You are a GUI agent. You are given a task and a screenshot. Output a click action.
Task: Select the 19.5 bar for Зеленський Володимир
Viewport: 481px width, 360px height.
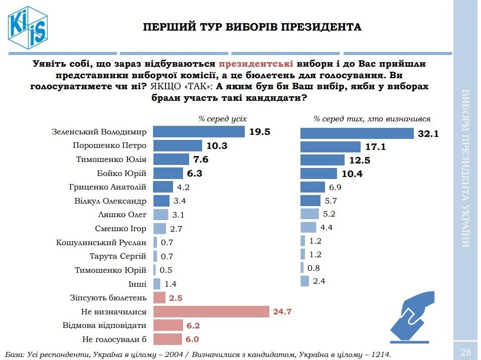tap(199, 132)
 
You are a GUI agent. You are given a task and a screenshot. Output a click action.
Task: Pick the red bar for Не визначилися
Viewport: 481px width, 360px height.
tap(211, 312)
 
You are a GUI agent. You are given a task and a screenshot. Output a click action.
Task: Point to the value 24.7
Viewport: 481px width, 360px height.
tap(282, 312)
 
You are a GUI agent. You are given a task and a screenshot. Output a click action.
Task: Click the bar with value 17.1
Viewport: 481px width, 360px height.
tap(330, 147)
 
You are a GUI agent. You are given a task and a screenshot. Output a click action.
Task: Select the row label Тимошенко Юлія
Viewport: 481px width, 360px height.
tap(112, 159)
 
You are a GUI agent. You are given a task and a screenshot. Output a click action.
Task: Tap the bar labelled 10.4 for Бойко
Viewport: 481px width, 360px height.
tap(318, 173)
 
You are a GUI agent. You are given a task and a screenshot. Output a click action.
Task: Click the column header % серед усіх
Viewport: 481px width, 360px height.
tap(222, 119)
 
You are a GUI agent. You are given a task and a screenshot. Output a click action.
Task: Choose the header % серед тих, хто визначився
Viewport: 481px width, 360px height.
tap(372, 119)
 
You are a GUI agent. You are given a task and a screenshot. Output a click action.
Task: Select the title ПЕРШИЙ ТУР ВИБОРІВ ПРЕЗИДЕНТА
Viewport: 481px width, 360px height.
tap(252, 27)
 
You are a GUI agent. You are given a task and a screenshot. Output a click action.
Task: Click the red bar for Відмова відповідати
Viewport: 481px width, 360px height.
tap(168, 325)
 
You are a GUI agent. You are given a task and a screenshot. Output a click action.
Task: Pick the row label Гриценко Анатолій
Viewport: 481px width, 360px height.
tap(108, 187)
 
